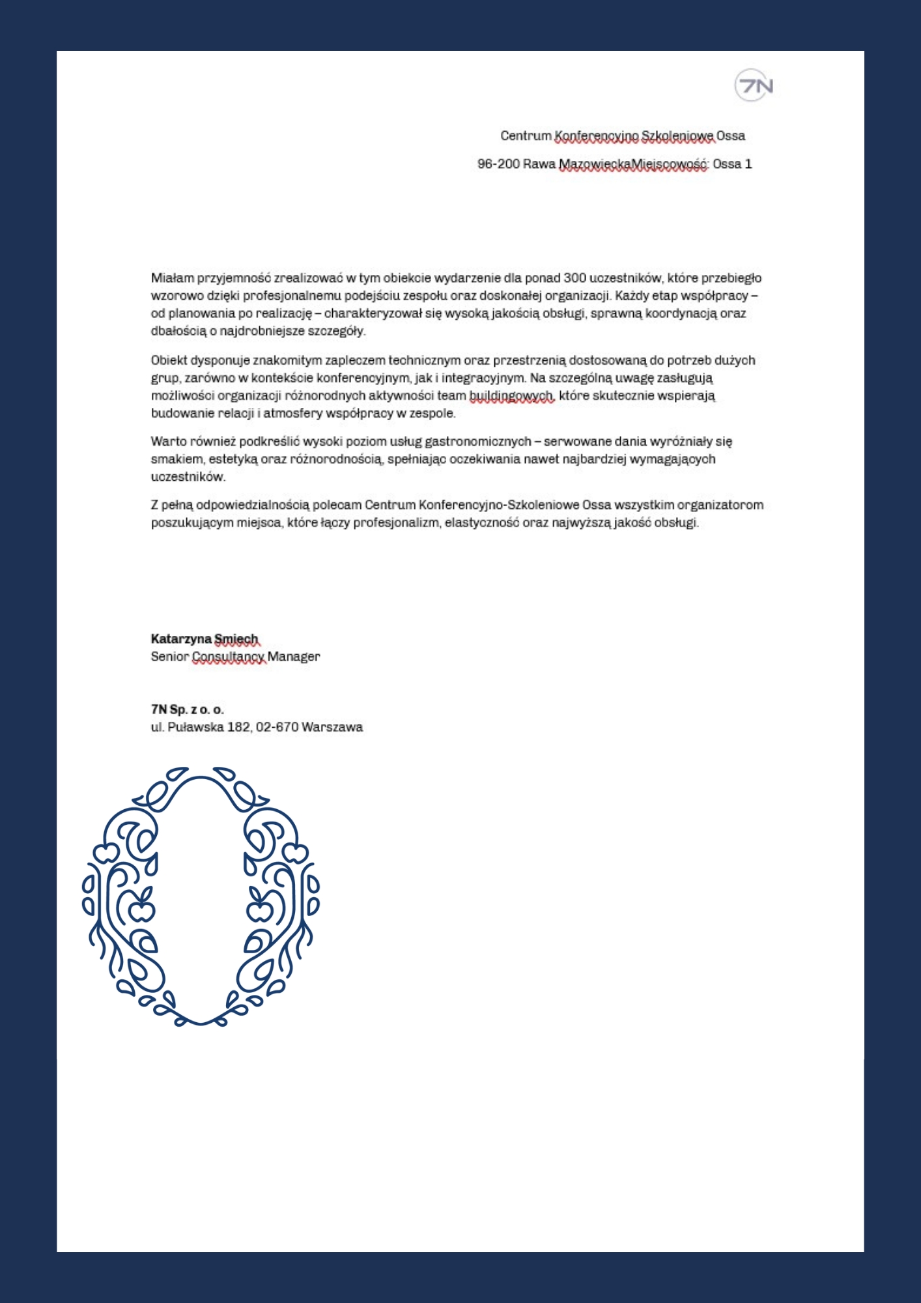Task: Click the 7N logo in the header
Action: pyautogui.click(x=754, y=85)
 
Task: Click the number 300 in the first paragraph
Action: pyautogui.click(x=574, y=278)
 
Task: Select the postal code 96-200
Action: pyautogui.click(x=498, y=164)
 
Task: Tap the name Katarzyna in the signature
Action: pyautogui.click(x=180, y=639)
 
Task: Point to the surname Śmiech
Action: pyautogui.click(x=236, y=639)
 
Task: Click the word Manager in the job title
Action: pyautogui.click(x=294, y=657)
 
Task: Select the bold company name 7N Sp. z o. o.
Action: pyautogui.click(x=187, y=709)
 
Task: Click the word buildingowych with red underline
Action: pyautogui.click(x=511, y=395)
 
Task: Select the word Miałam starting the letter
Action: pyautogui.click(x=173, y=278)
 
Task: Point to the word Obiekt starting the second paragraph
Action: pyautogui.click(x=169, y=360)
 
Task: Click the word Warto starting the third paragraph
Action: pyautogui.click(x=168, y=442)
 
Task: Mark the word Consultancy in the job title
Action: pyautogui.click(x=229, y=657)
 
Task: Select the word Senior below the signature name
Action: pyautogui.click(x=169, y=657)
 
